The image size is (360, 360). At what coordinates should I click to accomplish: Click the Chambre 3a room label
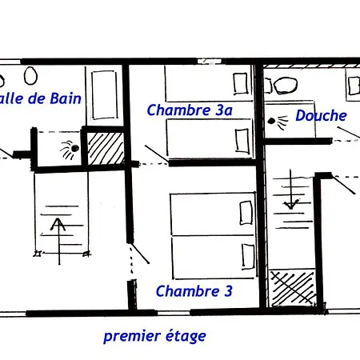pyautogui.click(x=190, y=110)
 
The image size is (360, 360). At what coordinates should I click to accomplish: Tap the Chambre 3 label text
pyautogui.click(x=194, y=291)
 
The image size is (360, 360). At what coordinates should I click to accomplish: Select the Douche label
pyautogui.click(x=321, y=115)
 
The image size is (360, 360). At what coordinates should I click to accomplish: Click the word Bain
pyautogui.click(x=66, y=98)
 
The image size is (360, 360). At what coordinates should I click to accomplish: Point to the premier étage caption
pyautogui.click(x=154, y=336)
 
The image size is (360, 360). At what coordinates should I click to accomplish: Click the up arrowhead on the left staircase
pyautogui.click(x=58, y=224)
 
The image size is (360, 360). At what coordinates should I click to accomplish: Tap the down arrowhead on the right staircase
pyautogui.click(x=291, y=205)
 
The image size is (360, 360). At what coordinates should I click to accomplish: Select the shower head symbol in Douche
pyautogui.click(x=278, y=122)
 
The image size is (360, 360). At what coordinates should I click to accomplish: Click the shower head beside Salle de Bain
pyautogui.click(x=70, y=150)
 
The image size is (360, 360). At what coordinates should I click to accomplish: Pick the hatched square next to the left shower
pyautogui.click(x=106, y=149)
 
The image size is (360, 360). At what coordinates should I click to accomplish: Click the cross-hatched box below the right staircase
pyautogui.click(x=292, y=288)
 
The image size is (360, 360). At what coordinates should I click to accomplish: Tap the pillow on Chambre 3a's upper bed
pyautogui.click(x=240, y=83)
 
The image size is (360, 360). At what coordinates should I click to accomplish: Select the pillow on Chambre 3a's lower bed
pyautogui.click(x=242, y=141)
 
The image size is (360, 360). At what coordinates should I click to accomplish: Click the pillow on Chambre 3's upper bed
pyautogui.click(x=246, y=213)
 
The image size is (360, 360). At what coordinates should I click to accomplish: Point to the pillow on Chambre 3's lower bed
pyautogui.click(x=248, y=256)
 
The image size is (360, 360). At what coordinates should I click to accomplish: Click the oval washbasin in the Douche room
pyautogui.click(x=286, y=86)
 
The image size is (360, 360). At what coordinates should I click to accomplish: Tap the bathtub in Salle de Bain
pyautogui.click(x=104, y=94)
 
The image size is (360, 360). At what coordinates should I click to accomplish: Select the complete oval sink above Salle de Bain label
pyautogui.click(x=30, y=76)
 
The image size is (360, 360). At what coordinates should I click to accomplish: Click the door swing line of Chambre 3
pyautogui.click(x=140, y=253)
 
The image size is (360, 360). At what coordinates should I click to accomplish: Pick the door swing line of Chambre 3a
pyautogui.click(x=156, y=154)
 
